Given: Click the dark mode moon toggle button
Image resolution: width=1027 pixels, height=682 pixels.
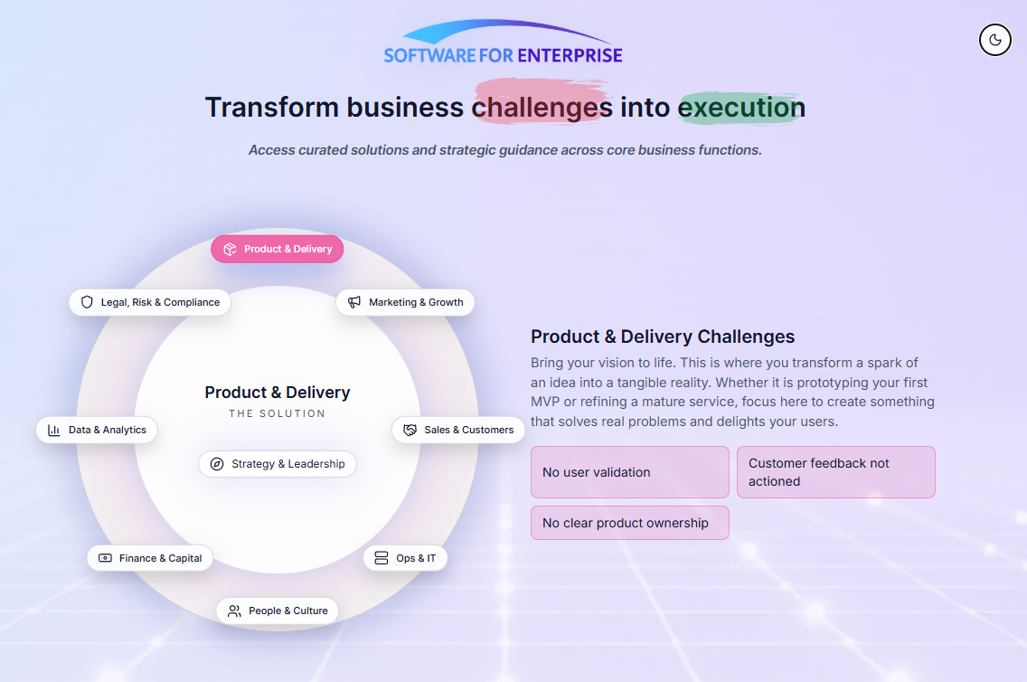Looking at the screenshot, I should pos(995,40).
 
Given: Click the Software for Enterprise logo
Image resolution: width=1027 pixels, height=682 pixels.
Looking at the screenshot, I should pos(503,45).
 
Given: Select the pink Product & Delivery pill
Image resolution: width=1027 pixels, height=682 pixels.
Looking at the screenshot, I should pos(278,249).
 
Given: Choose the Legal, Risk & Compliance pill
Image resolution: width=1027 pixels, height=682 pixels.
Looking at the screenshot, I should pos(150,302).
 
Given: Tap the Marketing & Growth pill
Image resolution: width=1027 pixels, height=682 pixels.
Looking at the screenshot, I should pos(405,302).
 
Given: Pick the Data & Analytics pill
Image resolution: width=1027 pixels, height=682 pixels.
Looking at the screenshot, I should pos(97,430).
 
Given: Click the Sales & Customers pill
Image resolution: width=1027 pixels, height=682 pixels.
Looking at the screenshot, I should pos(458,430).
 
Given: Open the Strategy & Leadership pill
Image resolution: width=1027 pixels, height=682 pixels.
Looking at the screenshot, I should pos(278,464).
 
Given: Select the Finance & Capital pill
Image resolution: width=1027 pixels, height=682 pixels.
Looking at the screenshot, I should pos(150,558).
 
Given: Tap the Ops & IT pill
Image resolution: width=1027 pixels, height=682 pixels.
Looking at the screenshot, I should pos(405,558).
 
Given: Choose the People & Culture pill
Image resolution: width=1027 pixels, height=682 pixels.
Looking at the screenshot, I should pos(278,611).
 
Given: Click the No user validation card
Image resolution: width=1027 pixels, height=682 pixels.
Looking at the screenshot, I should pos(629,472).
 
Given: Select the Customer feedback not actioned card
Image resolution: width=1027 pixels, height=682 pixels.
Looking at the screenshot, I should pos(835,472).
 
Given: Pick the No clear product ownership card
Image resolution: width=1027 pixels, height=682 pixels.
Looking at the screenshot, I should pos(629,523).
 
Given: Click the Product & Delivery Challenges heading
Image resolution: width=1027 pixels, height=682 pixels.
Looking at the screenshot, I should pos(663,336).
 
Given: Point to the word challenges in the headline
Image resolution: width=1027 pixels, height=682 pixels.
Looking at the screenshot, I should pos(542,108).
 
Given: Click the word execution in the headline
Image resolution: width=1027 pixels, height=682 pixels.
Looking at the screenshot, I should pos(741,108).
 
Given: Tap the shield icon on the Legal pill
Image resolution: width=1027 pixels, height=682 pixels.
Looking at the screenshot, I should pos(88,302).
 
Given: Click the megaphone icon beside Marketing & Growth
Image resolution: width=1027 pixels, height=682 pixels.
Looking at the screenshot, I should pos(354,302).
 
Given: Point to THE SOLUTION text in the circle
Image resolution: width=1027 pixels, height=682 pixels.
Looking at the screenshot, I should pos(278,413).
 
